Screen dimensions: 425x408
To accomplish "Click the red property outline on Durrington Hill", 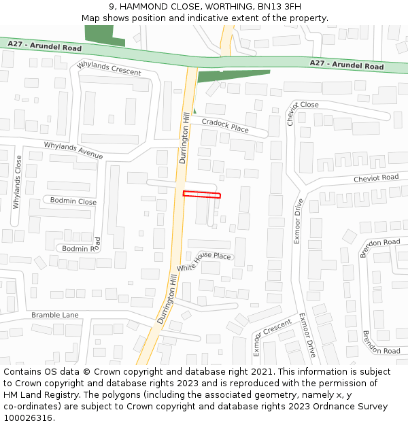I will [x=201, y=194].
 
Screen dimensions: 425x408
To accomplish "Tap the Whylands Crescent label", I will [x=109, y=68].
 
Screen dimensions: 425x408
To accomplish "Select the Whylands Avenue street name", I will [x=73, y=150].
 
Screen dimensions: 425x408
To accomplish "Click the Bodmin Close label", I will [x=73, y=202].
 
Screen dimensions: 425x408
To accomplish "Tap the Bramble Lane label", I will [x=55, y=315].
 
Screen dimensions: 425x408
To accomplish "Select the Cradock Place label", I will [x=224, y=125].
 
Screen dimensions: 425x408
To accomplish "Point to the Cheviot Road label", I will [x=375, y=178].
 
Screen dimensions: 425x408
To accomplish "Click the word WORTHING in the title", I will [x=226, y=7].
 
